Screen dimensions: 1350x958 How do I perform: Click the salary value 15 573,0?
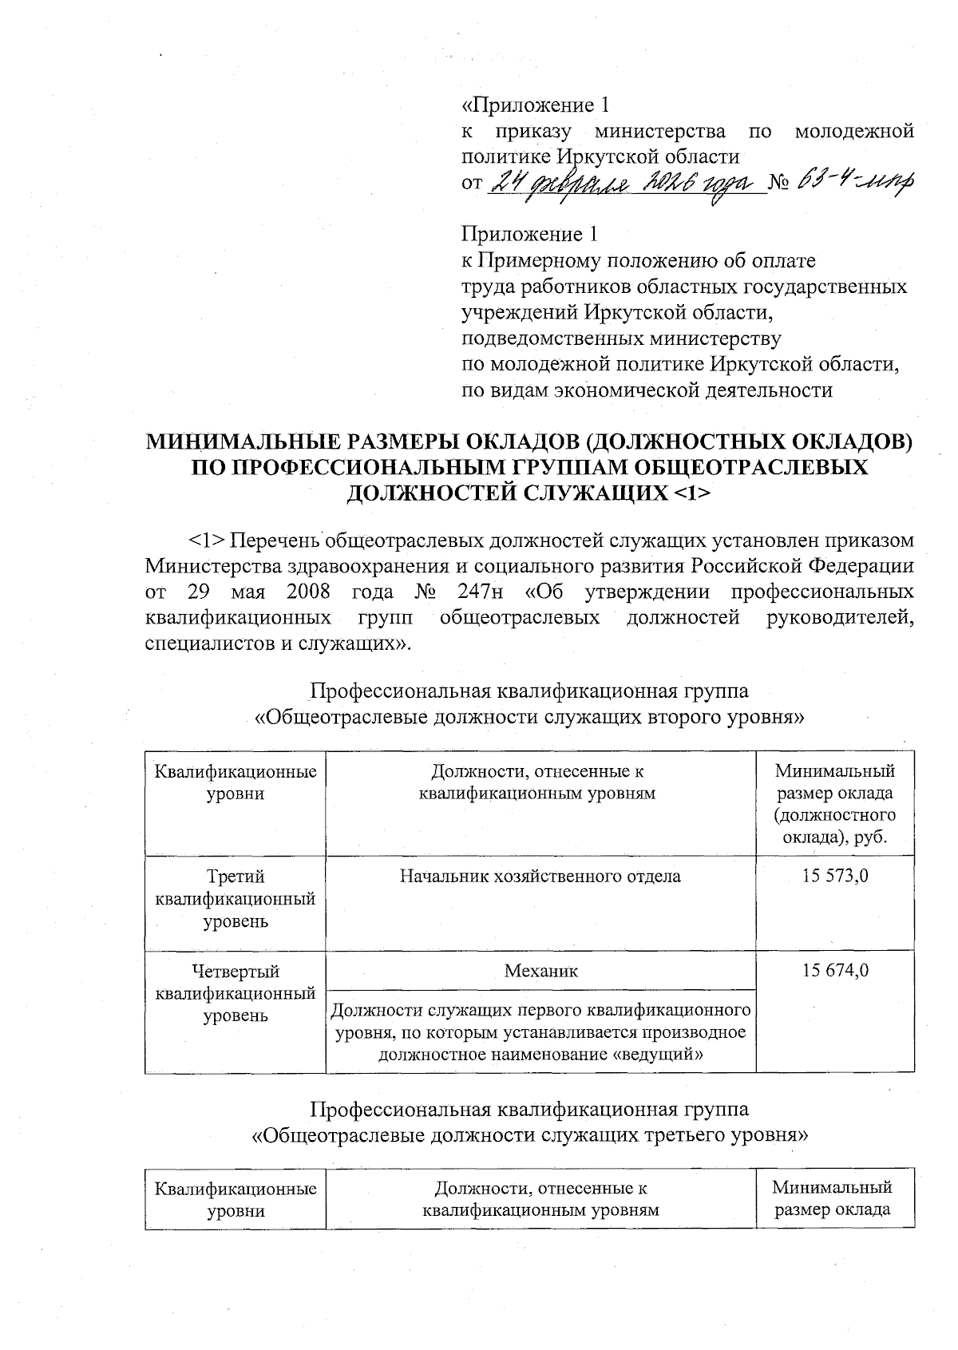tap(835, 876)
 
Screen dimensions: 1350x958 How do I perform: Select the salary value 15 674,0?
tap(835, 971)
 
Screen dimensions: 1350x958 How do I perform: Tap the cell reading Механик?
tap(540, 971)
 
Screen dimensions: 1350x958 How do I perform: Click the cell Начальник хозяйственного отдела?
tap(540, 876)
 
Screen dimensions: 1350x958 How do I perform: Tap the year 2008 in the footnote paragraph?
tap(300, 593)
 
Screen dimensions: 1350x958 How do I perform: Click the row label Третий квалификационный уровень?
tap(236, 899)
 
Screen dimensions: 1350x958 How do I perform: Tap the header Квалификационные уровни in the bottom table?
tap(236, 1199)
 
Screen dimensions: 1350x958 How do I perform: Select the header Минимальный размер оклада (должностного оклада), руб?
tap(835, 805)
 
